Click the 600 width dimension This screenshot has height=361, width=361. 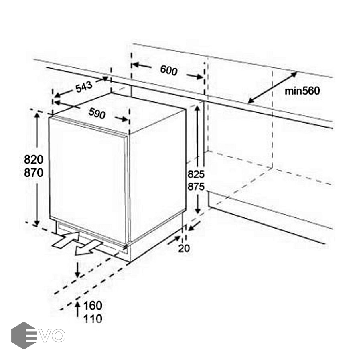pos(169,70)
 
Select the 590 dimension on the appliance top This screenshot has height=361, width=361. pos(97,113)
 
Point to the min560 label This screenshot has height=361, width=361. pos(302,91)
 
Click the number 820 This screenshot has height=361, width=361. pos(34,160)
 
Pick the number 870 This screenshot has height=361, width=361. pos(34,173)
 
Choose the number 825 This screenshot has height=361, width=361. pos(196,174)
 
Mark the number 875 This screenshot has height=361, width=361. pos(196,187)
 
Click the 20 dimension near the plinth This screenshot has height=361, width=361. pos(184,248)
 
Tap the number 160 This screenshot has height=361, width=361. pos(93,306)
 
